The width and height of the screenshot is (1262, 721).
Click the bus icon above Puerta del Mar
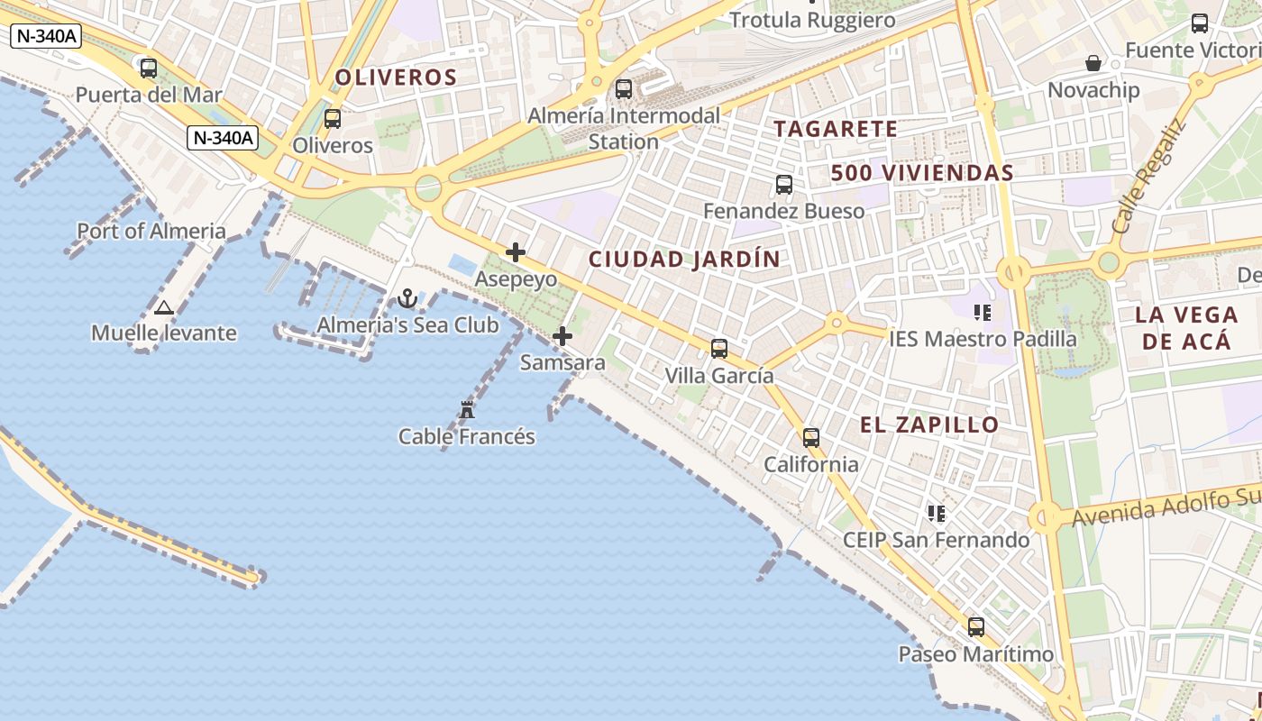pyautogui.click(x=149, y=68)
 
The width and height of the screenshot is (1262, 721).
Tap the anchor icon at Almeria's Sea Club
pyautogui.click(x=407, y=298)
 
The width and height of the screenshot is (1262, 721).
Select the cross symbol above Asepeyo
pyautogui.click(x=516, y=252)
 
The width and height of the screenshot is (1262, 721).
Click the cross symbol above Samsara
pyautogui.click(x=562, y=337)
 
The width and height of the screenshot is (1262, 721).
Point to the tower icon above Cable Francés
pyautogui.click(x=467, y=410)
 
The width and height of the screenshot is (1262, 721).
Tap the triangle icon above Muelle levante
pyautogui.click(x=163, y=307)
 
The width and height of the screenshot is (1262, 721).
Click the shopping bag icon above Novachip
pyautogui.click(x=1093, y=63)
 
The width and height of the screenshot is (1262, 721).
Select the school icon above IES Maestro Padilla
pyautogui.click(x=983, y=313)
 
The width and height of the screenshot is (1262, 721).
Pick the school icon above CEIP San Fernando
pyautogui.click(x=937, y=514)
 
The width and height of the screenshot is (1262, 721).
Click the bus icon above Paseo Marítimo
pyautogui.click(x=976, y=627)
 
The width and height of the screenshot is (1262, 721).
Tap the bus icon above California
pyautogui.click(x=811, y=438)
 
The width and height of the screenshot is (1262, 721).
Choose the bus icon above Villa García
pyautogui.click(x=719, y=349)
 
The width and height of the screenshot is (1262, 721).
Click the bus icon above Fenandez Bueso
pyautogui.click(x=784, y=185)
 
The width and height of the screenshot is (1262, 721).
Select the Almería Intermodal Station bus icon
pyautogui.click(x=624, y=89)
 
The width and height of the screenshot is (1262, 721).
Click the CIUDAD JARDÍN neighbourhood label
pyautogui.click(x=684, y=260)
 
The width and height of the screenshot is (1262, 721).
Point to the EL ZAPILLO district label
pyautogui.click(x=929, y=425)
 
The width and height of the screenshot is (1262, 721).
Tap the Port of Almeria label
pyautogui.click(x=151, y=231)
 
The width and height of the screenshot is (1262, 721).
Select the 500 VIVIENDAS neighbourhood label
pyautogui.click(x=922, y=173)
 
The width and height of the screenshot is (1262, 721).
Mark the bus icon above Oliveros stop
pyautogui.click(x=333, y=118)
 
